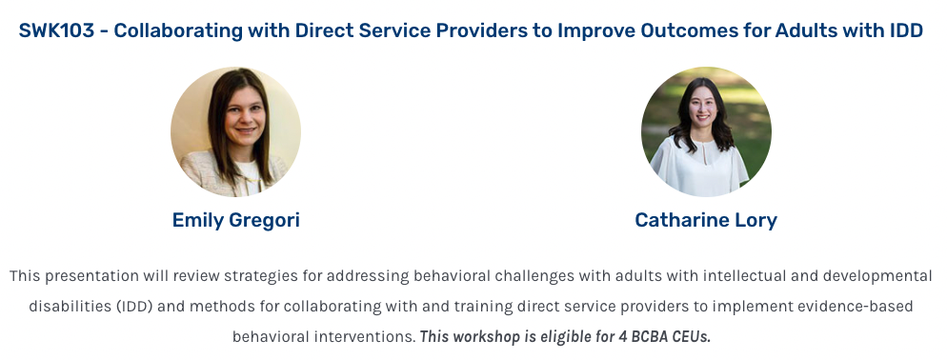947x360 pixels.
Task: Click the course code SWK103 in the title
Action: (57, 30)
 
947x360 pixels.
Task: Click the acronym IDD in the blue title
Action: (906, 30)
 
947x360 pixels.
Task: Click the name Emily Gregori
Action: (235, 220)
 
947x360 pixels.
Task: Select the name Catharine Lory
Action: (706, 220)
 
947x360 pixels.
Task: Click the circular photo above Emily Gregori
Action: (235, 131)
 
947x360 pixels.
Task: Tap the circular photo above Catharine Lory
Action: (706, 131)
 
